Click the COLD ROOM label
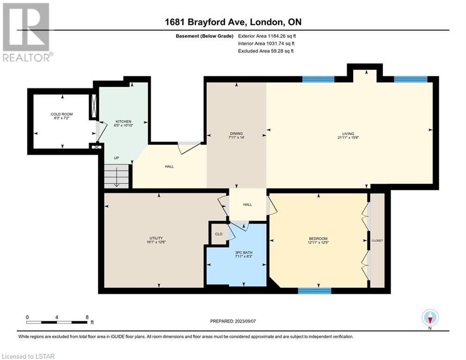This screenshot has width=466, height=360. [x=61, y=114]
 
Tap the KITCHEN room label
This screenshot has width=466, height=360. [x=123, y=121]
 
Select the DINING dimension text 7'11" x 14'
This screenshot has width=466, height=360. [x=236, y=137]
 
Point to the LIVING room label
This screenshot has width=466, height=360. [x=348, y=134]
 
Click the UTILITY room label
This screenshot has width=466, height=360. [x=156, y=238]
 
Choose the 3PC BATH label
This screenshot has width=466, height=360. [x=244, y=252]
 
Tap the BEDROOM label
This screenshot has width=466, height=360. [x=318, y=238]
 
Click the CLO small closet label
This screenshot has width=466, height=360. [x=219, y=234]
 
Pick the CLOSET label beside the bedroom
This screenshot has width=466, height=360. [x=377, y=240]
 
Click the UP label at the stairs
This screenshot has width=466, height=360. [x=117, y=157]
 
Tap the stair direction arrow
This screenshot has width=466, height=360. [x=117, y=177]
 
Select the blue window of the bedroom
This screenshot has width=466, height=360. [x=314, y=291]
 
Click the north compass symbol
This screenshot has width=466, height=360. [x=430, y=318]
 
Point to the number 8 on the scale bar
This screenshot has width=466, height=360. [x=87, y=317]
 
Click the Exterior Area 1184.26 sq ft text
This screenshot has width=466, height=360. [x=267, y=36]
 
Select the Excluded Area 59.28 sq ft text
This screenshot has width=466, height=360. [x=266, y=51]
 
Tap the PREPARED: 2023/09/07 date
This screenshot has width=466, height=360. [x=233, y=321]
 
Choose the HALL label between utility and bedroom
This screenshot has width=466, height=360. [x=248, y=204]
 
